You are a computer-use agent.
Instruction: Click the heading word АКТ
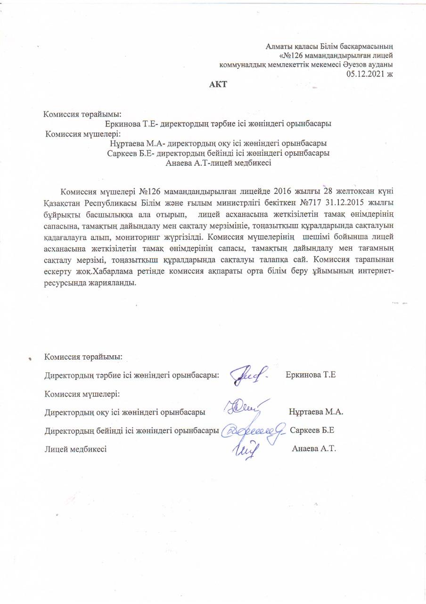coord(218,85)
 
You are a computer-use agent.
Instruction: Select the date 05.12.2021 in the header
coord(366,74)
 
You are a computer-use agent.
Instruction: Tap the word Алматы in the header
coord(279,46)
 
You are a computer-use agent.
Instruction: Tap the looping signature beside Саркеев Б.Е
coord(255,430)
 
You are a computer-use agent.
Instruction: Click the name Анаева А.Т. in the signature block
coord(314,449)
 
